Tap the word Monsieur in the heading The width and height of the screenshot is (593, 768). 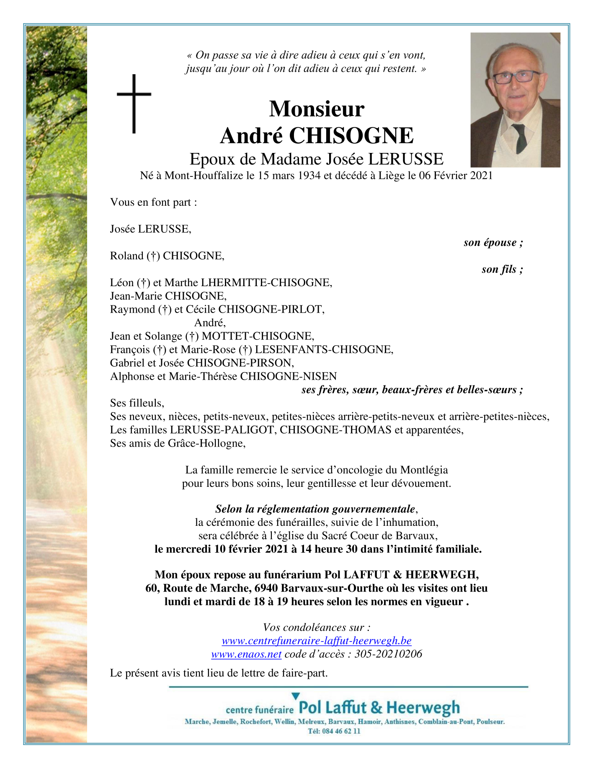pyautogui.click(x=317, y=109)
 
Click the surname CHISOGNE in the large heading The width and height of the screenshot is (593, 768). pyautogui.click(x=351, y=136)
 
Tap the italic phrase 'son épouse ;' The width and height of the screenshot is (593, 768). pyautogui.click(x=493, y=243)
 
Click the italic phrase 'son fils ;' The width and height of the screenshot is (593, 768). pyautogui.click(x=502, y=269)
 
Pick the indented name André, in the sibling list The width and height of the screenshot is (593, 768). pyautogui.click(x=210, y=323)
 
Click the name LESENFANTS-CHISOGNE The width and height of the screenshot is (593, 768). pyautogui.click(x=324, y=349)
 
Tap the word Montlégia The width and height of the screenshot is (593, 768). pyautogui.click(x=424, y=470)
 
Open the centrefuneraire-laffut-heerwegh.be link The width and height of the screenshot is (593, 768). pyautogui.click(x=317, y=641)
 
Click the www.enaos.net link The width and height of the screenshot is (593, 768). pyautogui.click(x=246, y=654)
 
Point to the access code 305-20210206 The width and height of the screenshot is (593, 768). pyautogui.click(x=388, y=654)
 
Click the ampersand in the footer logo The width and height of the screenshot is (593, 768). pyautogui.click(x=376, y=708)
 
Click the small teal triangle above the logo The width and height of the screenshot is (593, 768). pyautogui.click(x=296, y=696)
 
